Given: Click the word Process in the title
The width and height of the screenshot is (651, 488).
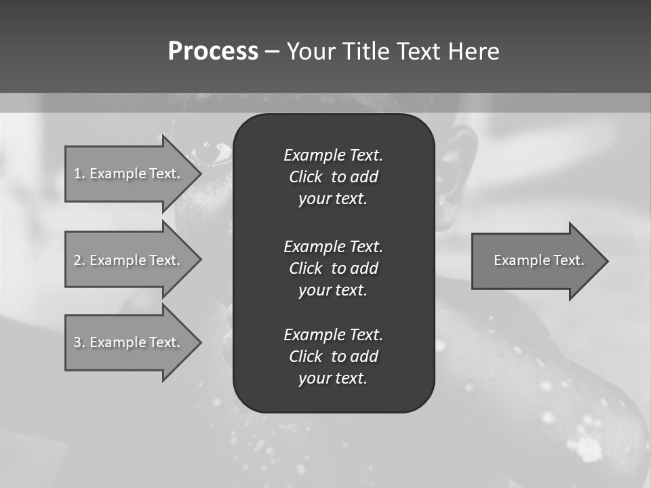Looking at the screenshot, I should coord(213,52).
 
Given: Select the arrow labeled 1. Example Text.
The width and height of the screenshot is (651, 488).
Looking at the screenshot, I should coord(129,174).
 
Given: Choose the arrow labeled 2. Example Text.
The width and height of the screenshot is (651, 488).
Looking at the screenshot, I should coord(129,260).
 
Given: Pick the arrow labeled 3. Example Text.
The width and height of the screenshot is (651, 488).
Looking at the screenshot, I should coord(129,342).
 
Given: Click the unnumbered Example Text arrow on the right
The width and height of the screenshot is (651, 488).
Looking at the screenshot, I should coord(536,261).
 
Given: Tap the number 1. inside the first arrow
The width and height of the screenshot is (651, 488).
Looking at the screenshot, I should coord(79,174).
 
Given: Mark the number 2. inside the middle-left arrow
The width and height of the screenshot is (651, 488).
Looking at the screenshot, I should coord(79,260).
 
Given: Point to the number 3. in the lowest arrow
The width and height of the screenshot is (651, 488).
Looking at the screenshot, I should coord(79,342).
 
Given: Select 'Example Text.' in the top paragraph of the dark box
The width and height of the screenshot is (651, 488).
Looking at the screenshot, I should coord(333,155).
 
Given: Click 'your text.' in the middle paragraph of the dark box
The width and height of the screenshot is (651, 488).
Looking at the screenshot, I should coord(333,290).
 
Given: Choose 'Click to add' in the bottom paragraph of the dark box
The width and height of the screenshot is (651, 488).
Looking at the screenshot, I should coord(333,357).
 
